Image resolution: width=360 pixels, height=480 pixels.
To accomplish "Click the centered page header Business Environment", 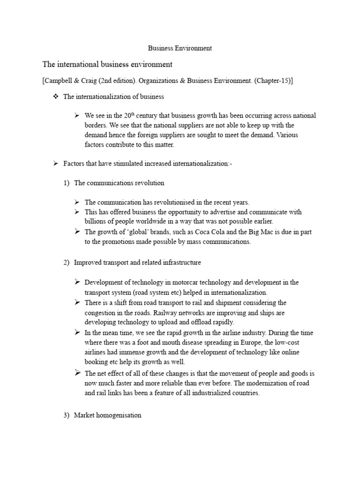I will [x=180, y=48].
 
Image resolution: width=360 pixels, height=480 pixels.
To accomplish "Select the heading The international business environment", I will [x=107, y=64].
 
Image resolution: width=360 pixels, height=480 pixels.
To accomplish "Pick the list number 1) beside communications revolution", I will [x=67, y=183].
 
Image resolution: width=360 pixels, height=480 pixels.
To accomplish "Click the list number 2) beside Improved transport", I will [x=67, y=262].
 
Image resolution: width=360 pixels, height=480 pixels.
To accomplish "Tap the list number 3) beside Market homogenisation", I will [x=67, y=415].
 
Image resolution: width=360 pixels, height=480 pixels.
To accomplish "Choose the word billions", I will [x=97, y=222].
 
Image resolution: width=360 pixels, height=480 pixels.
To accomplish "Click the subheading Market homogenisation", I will [x=107, y=415].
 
